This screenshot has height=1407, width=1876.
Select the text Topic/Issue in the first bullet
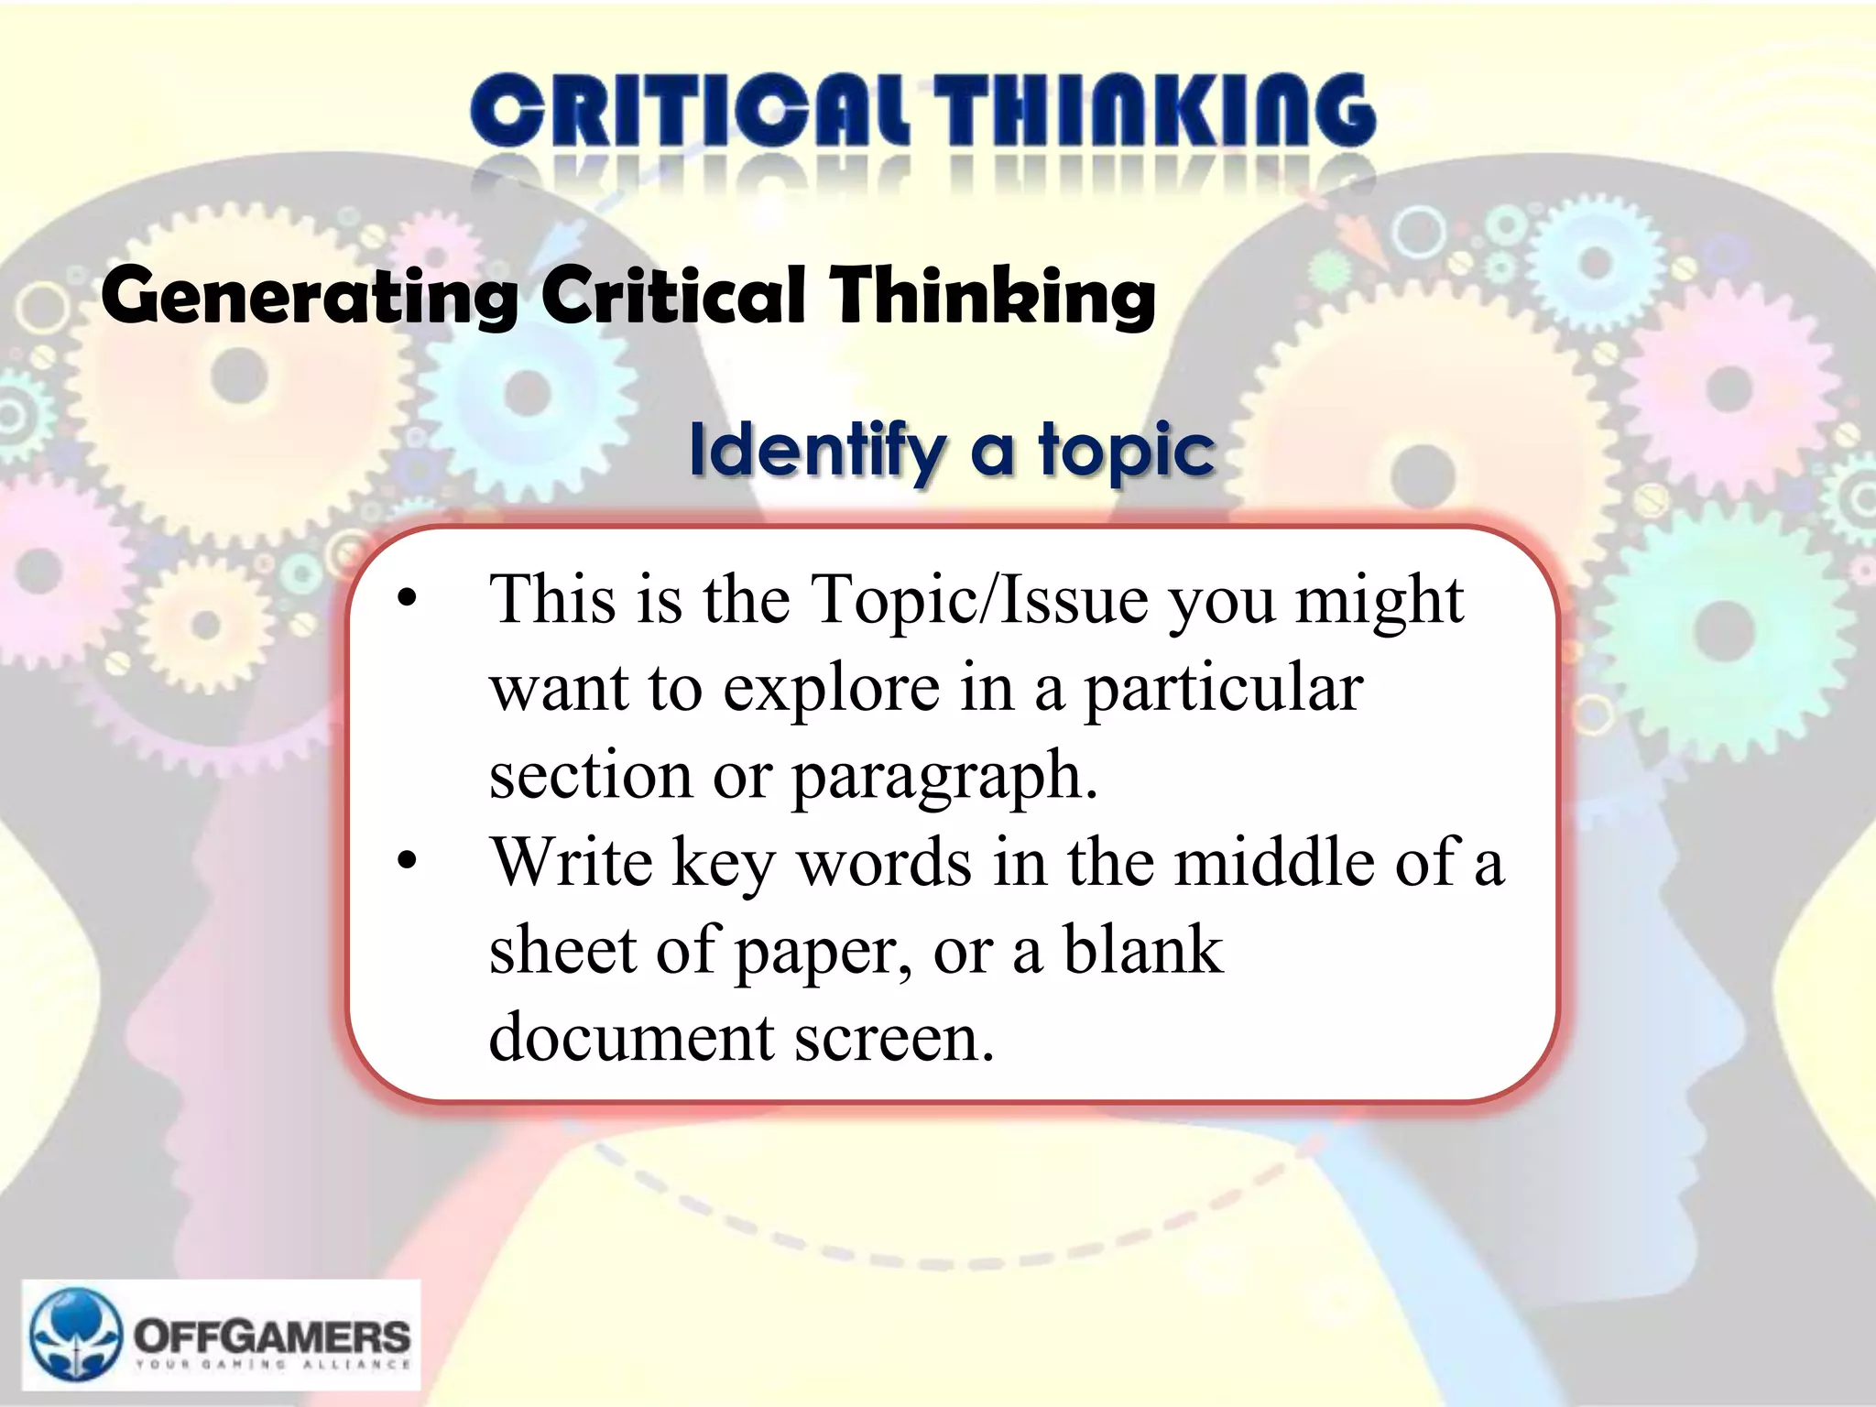coord(980,601)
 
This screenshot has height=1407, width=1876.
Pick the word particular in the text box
coord(1224,689)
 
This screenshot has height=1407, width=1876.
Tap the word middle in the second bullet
coord(1273,863)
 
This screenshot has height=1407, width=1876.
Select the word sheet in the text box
coord(561,951)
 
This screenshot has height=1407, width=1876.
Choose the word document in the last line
coord(632,1039)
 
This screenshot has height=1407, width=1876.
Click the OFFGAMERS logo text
coord(273,1337)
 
